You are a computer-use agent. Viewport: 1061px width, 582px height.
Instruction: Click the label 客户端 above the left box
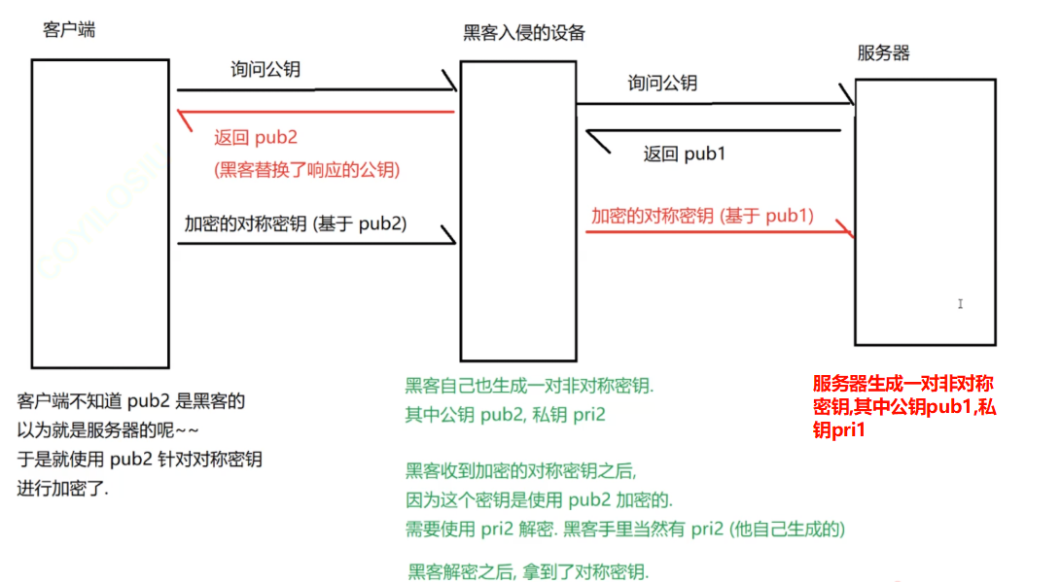pos(69,29)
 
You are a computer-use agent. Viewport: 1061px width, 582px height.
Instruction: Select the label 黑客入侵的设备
pos(524,33)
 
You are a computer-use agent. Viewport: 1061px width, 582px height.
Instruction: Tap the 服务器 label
pos(883,53)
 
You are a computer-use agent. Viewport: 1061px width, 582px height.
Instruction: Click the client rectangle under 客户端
pos(100,209)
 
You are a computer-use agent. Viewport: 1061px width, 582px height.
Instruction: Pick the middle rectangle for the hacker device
pos(517,210)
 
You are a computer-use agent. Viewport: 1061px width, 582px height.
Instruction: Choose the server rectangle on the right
pos(925,212)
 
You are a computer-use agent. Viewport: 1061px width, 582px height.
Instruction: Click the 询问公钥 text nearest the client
pos(265,70)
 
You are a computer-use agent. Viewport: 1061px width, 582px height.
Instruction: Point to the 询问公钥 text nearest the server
pos(662,84)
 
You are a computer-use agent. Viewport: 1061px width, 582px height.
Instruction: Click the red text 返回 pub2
pos(255,138)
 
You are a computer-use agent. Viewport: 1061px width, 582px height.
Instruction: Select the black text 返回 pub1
pos(685,154)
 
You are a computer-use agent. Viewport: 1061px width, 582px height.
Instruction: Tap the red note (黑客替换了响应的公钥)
pos(307,169)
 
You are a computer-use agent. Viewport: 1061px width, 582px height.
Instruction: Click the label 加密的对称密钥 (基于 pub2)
pos(296,223)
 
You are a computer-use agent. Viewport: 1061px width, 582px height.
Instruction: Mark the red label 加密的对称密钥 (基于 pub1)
pos(702,216)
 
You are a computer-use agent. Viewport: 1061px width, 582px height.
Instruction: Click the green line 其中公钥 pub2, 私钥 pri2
pos(506,416)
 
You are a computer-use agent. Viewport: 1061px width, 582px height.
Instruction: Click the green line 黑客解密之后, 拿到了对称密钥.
pos(528,569)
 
